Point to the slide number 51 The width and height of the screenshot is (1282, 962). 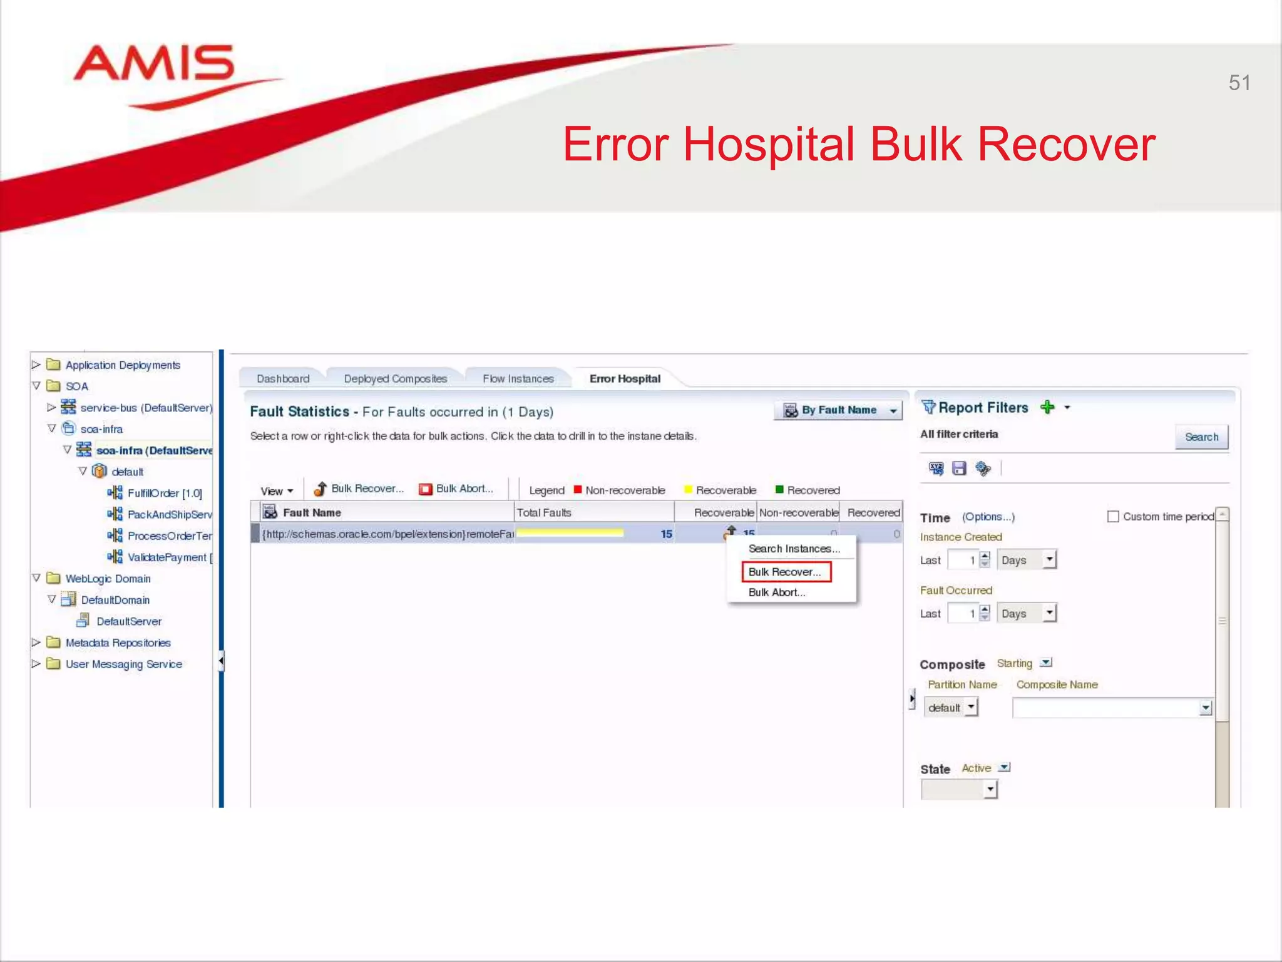point(1239,83)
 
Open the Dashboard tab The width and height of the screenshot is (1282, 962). point(283,379)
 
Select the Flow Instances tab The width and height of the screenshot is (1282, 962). point(518,379)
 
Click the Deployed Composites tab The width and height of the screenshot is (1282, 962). point(395,379)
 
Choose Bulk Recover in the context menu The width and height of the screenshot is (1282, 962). point(785,572)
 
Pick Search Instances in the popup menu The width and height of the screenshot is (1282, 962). point(794,549)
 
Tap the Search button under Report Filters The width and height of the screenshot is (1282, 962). point(1201,437)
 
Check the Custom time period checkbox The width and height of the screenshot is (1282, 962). point(1112,517)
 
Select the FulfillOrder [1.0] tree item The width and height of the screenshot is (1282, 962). point(164,494)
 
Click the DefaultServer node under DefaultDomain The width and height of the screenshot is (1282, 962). point(128,621)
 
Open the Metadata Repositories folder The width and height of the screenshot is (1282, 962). point(118,643)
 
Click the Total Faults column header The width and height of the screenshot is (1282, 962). point(543,513)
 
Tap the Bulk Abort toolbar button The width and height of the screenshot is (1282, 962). point(456,489)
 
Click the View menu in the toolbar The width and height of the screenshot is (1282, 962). point(276,491)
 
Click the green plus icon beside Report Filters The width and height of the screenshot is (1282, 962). point(1047,408)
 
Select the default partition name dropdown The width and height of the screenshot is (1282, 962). point(951,708)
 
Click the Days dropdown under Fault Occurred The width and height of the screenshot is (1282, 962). point(1027,614)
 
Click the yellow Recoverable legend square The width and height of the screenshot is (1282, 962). point(688,490)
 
